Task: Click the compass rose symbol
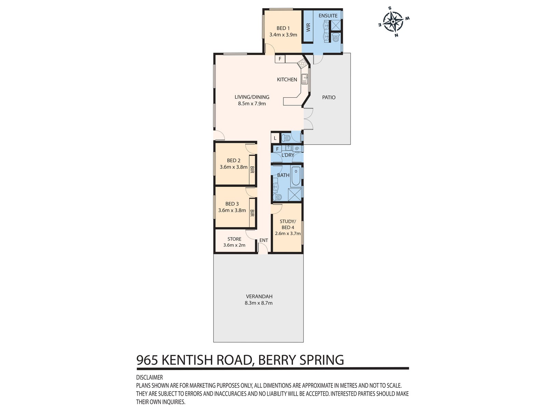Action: (x=393, y=22)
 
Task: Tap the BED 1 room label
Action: (x=283, y=28)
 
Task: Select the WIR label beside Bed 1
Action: (x=308, y=27)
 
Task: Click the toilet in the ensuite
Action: (x=336, y=37)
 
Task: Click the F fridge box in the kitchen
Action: (x=280, y=59)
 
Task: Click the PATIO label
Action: (x=329, y=97)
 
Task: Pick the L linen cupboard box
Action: (x=275, y=138)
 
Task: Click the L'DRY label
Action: (x=288, y=155)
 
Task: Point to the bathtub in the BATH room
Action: (x=296, y=176)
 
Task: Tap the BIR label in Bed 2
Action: (x=252, y=170)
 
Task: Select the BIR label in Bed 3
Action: (x=252, y=213)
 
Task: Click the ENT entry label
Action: (x=264, y=240)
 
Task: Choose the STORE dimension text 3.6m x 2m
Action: (x=234, y=245)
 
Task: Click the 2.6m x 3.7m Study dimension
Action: (x=288, y=233)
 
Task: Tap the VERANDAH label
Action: (x=259, y=297)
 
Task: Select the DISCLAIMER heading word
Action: (x=149, y=378)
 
